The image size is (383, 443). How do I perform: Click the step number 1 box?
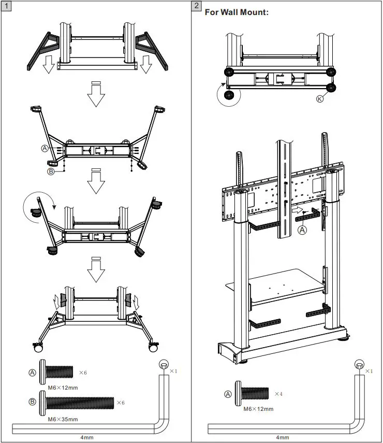coord(6,6)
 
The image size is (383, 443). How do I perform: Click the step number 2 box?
coord(197,6)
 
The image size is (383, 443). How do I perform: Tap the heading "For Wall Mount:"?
coord(237,12)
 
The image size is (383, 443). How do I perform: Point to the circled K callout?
coord(319,99)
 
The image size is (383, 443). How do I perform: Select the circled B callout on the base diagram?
coord(51,171)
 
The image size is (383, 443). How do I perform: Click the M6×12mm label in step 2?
coord(258,409)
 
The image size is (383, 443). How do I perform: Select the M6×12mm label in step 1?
coord(59,388)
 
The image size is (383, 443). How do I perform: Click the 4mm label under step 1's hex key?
coord(86,437)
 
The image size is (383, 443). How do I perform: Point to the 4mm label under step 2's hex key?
coord(283,437)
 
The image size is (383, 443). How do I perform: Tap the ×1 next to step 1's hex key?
coord(173,371)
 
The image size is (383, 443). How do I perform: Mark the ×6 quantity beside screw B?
coord(121,403)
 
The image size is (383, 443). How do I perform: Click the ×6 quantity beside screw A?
coord(83,373)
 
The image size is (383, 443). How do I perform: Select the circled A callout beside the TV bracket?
coord(302,231)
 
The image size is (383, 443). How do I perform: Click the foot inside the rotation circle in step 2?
coord(228,95)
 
